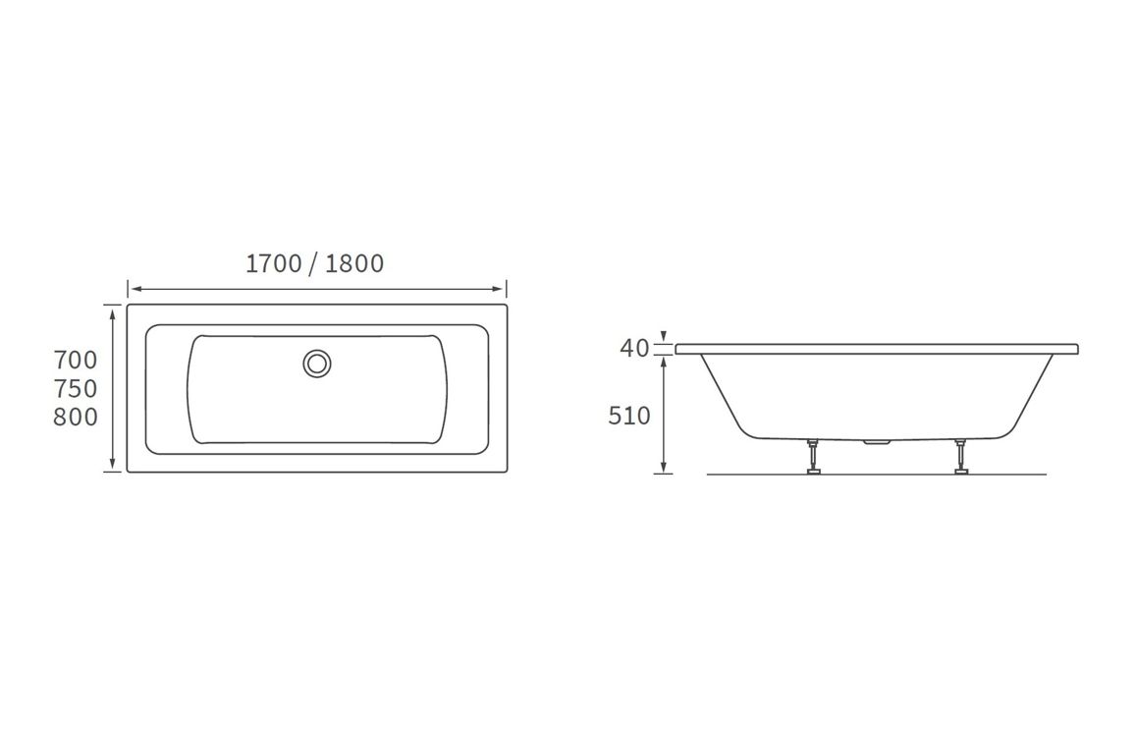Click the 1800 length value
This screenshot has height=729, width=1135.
click(354, 263)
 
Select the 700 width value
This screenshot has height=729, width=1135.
click(76, 360)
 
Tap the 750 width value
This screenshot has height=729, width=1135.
click(76, 388)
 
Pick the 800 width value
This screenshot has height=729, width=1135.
click(76, 418)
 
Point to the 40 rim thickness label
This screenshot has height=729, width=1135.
click(634, 348)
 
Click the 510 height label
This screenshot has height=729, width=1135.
click(629, 416)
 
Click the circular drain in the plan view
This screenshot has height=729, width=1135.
click(317, 363)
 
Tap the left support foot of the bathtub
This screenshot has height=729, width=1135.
click(813, 459)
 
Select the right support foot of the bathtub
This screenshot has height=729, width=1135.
click(959, 459)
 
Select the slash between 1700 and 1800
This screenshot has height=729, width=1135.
click(313, 263)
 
